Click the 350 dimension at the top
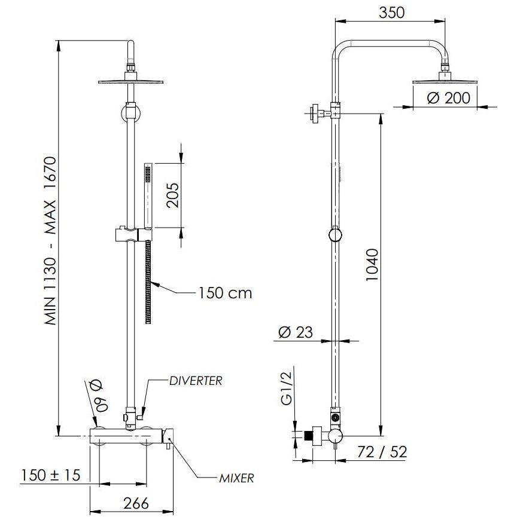tap(391, 13)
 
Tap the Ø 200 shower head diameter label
tap(449, 98)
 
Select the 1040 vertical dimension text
tap(372, 265)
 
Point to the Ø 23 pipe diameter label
tap(296, 332)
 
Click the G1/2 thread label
tap(287, 386)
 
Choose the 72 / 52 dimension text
tap(382, 452)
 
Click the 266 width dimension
tap(136, 503)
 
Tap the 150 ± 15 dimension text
tap(51, 475)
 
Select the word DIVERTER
tap(196, 381)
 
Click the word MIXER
tap(237, 478)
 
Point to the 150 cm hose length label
tap(226, 293)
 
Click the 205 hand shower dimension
tap(174, 195)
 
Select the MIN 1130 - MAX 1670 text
tap(50, 240)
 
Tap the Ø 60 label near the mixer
tap(97, 396)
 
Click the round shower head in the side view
tap(445, 81)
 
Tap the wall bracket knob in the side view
tap(315, 114)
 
